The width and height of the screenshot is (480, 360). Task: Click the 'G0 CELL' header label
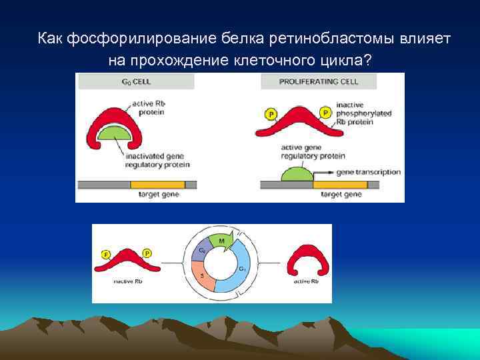(x=137, y=82)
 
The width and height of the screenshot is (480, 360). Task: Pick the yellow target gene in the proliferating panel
(x=341, y=183)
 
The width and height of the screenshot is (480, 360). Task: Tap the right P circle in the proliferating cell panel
(x=326, y=112)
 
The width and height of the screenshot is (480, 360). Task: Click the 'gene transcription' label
(x=369, y=172)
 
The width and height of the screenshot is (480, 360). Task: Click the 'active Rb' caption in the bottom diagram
(x=306, y=281)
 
